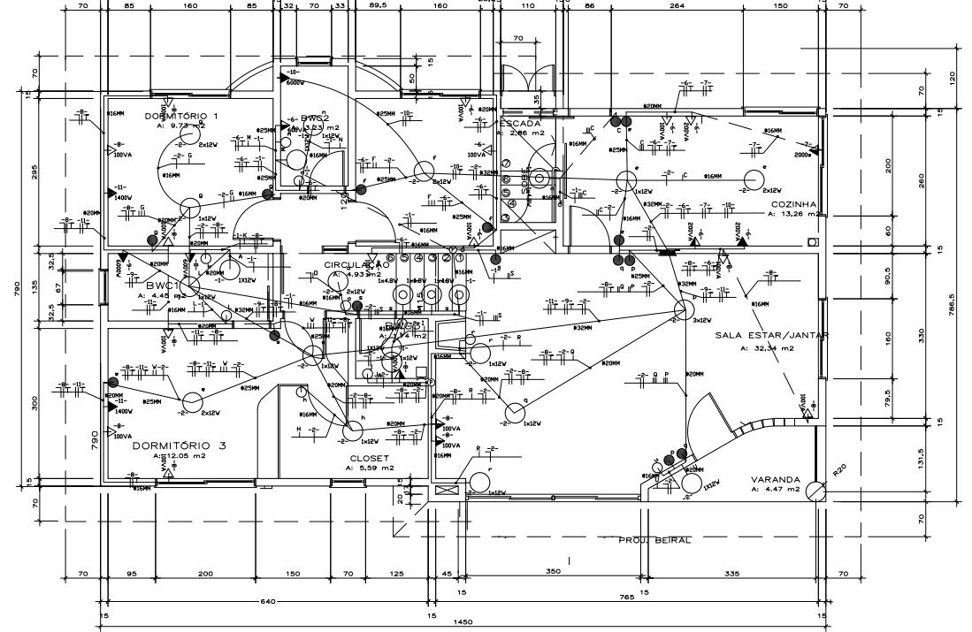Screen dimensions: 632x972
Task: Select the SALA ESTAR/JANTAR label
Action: pyautogui.click(x=771, y=336)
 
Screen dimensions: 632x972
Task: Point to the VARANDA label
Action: pyautogui.click(x=776, y=478)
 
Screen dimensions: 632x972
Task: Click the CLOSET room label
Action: pyautogui.click(x=369, y=458)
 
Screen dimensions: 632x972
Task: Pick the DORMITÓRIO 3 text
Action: pyautogui.click(x=179, y=445)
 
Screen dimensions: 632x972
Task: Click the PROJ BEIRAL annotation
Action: pyautogui.click(x=654, y=539)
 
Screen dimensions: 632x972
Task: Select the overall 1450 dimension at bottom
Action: pyautogui.click(x=463, y=622)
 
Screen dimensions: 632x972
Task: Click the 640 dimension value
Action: pyautogui.click(x=268, y=601)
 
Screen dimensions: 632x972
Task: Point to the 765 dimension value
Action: pyautogui.click(x=626, y=598)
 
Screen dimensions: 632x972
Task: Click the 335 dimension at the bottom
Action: pyautogui.click(x=731, y=574)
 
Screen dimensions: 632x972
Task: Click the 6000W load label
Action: pyautogui.click(x=295, y=81)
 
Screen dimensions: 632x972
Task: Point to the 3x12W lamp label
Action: pyautogui.click(x=702, y=320)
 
